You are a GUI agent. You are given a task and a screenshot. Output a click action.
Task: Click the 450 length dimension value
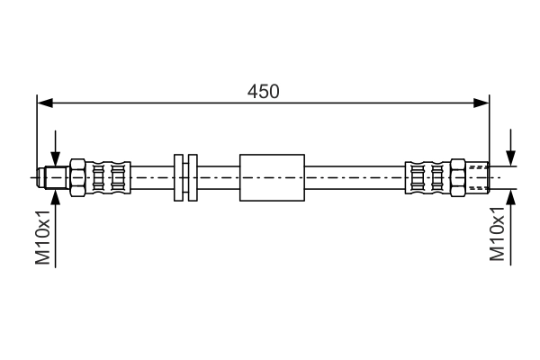[264, 92]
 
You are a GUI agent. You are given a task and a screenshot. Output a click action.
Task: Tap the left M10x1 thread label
[43, 238]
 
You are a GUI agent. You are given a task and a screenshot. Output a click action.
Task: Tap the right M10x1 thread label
[498, 234]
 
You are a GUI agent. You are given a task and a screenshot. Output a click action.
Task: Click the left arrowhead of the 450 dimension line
[45, 103]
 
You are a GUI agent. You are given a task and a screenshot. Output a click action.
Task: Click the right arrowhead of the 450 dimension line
[481, 103]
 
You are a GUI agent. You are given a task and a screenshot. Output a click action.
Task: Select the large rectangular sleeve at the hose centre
[272, 178]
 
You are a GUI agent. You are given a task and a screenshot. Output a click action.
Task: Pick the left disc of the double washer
[178, 178]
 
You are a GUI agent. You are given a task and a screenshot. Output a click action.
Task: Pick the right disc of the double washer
[193, 178]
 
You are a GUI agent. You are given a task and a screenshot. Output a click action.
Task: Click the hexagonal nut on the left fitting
[77, 178]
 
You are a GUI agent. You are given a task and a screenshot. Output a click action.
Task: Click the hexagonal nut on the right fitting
[458, 178]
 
